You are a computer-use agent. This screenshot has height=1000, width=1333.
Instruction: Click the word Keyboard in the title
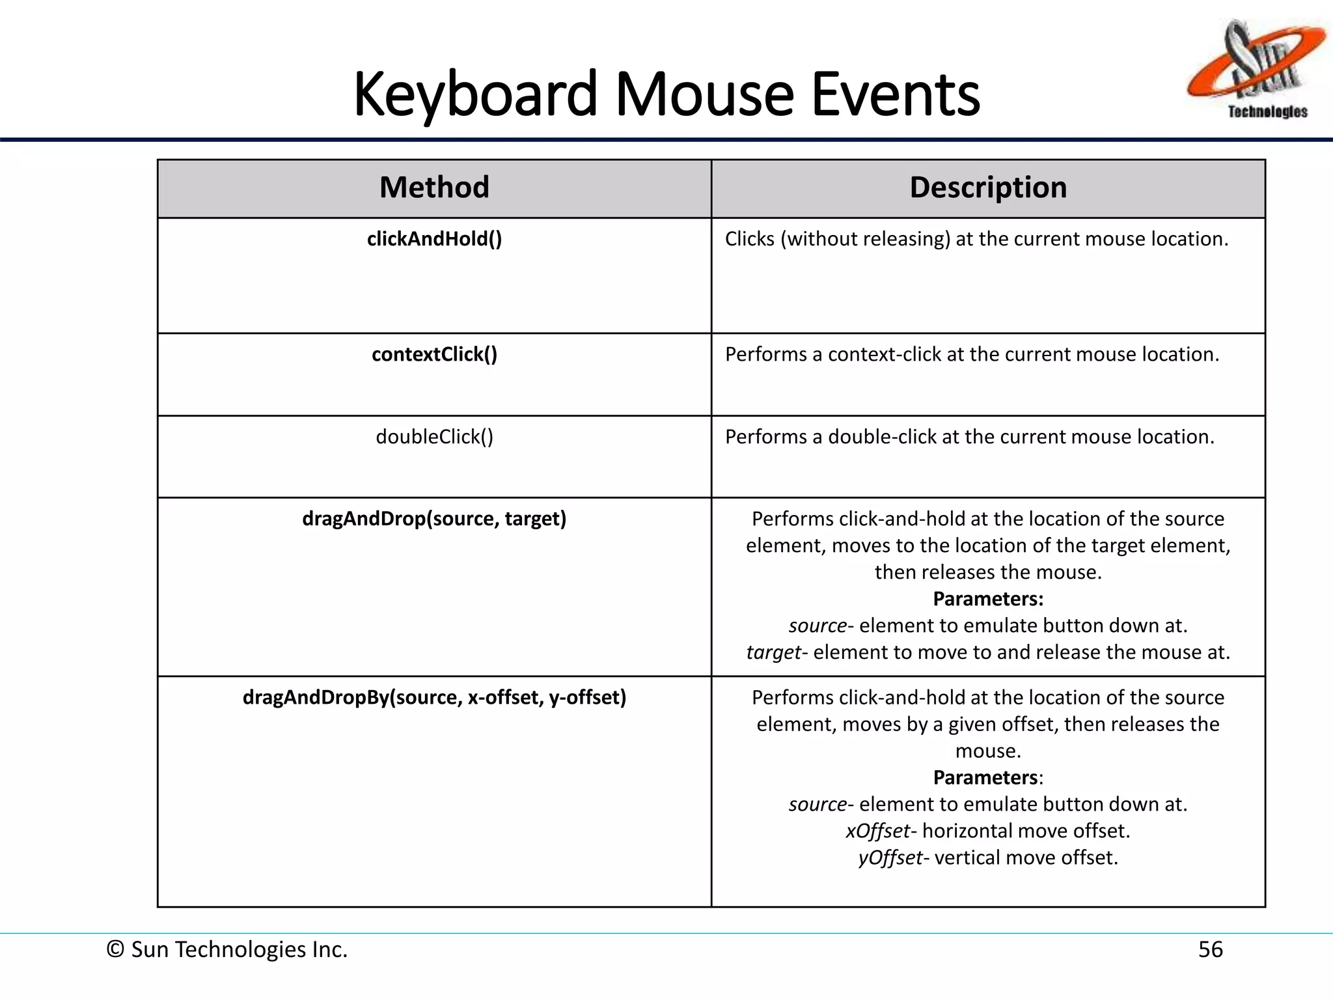(x=475, y=94)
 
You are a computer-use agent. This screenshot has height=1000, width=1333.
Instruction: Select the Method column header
(x=434, y=187)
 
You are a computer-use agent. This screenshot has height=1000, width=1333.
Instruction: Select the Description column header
(x=988, y=187)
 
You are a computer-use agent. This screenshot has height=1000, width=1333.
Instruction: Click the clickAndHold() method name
(x=434, y=239)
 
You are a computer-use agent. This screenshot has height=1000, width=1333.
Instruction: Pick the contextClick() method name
(x=434, y=354)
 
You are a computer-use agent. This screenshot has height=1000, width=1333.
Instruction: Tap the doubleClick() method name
(x=434, y=436)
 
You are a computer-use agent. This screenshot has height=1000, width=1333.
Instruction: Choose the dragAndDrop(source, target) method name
(x=434, y=519)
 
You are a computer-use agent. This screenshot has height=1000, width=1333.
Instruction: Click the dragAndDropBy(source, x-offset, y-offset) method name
(x=434, y=697)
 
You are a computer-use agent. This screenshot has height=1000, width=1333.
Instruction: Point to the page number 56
(x=1210, y=949)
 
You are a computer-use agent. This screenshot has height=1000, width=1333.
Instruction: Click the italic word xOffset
(x=877, y=831)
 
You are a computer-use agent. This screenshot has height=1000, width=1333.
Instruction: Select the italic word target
(x=773, y=652)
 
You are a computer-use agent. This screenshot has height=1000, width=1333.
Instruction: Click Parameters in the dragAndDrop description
(x=988, y=599)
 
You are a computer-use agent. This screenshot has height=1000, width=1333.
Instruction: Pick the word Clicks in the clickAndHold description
(x=749, y=239)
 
